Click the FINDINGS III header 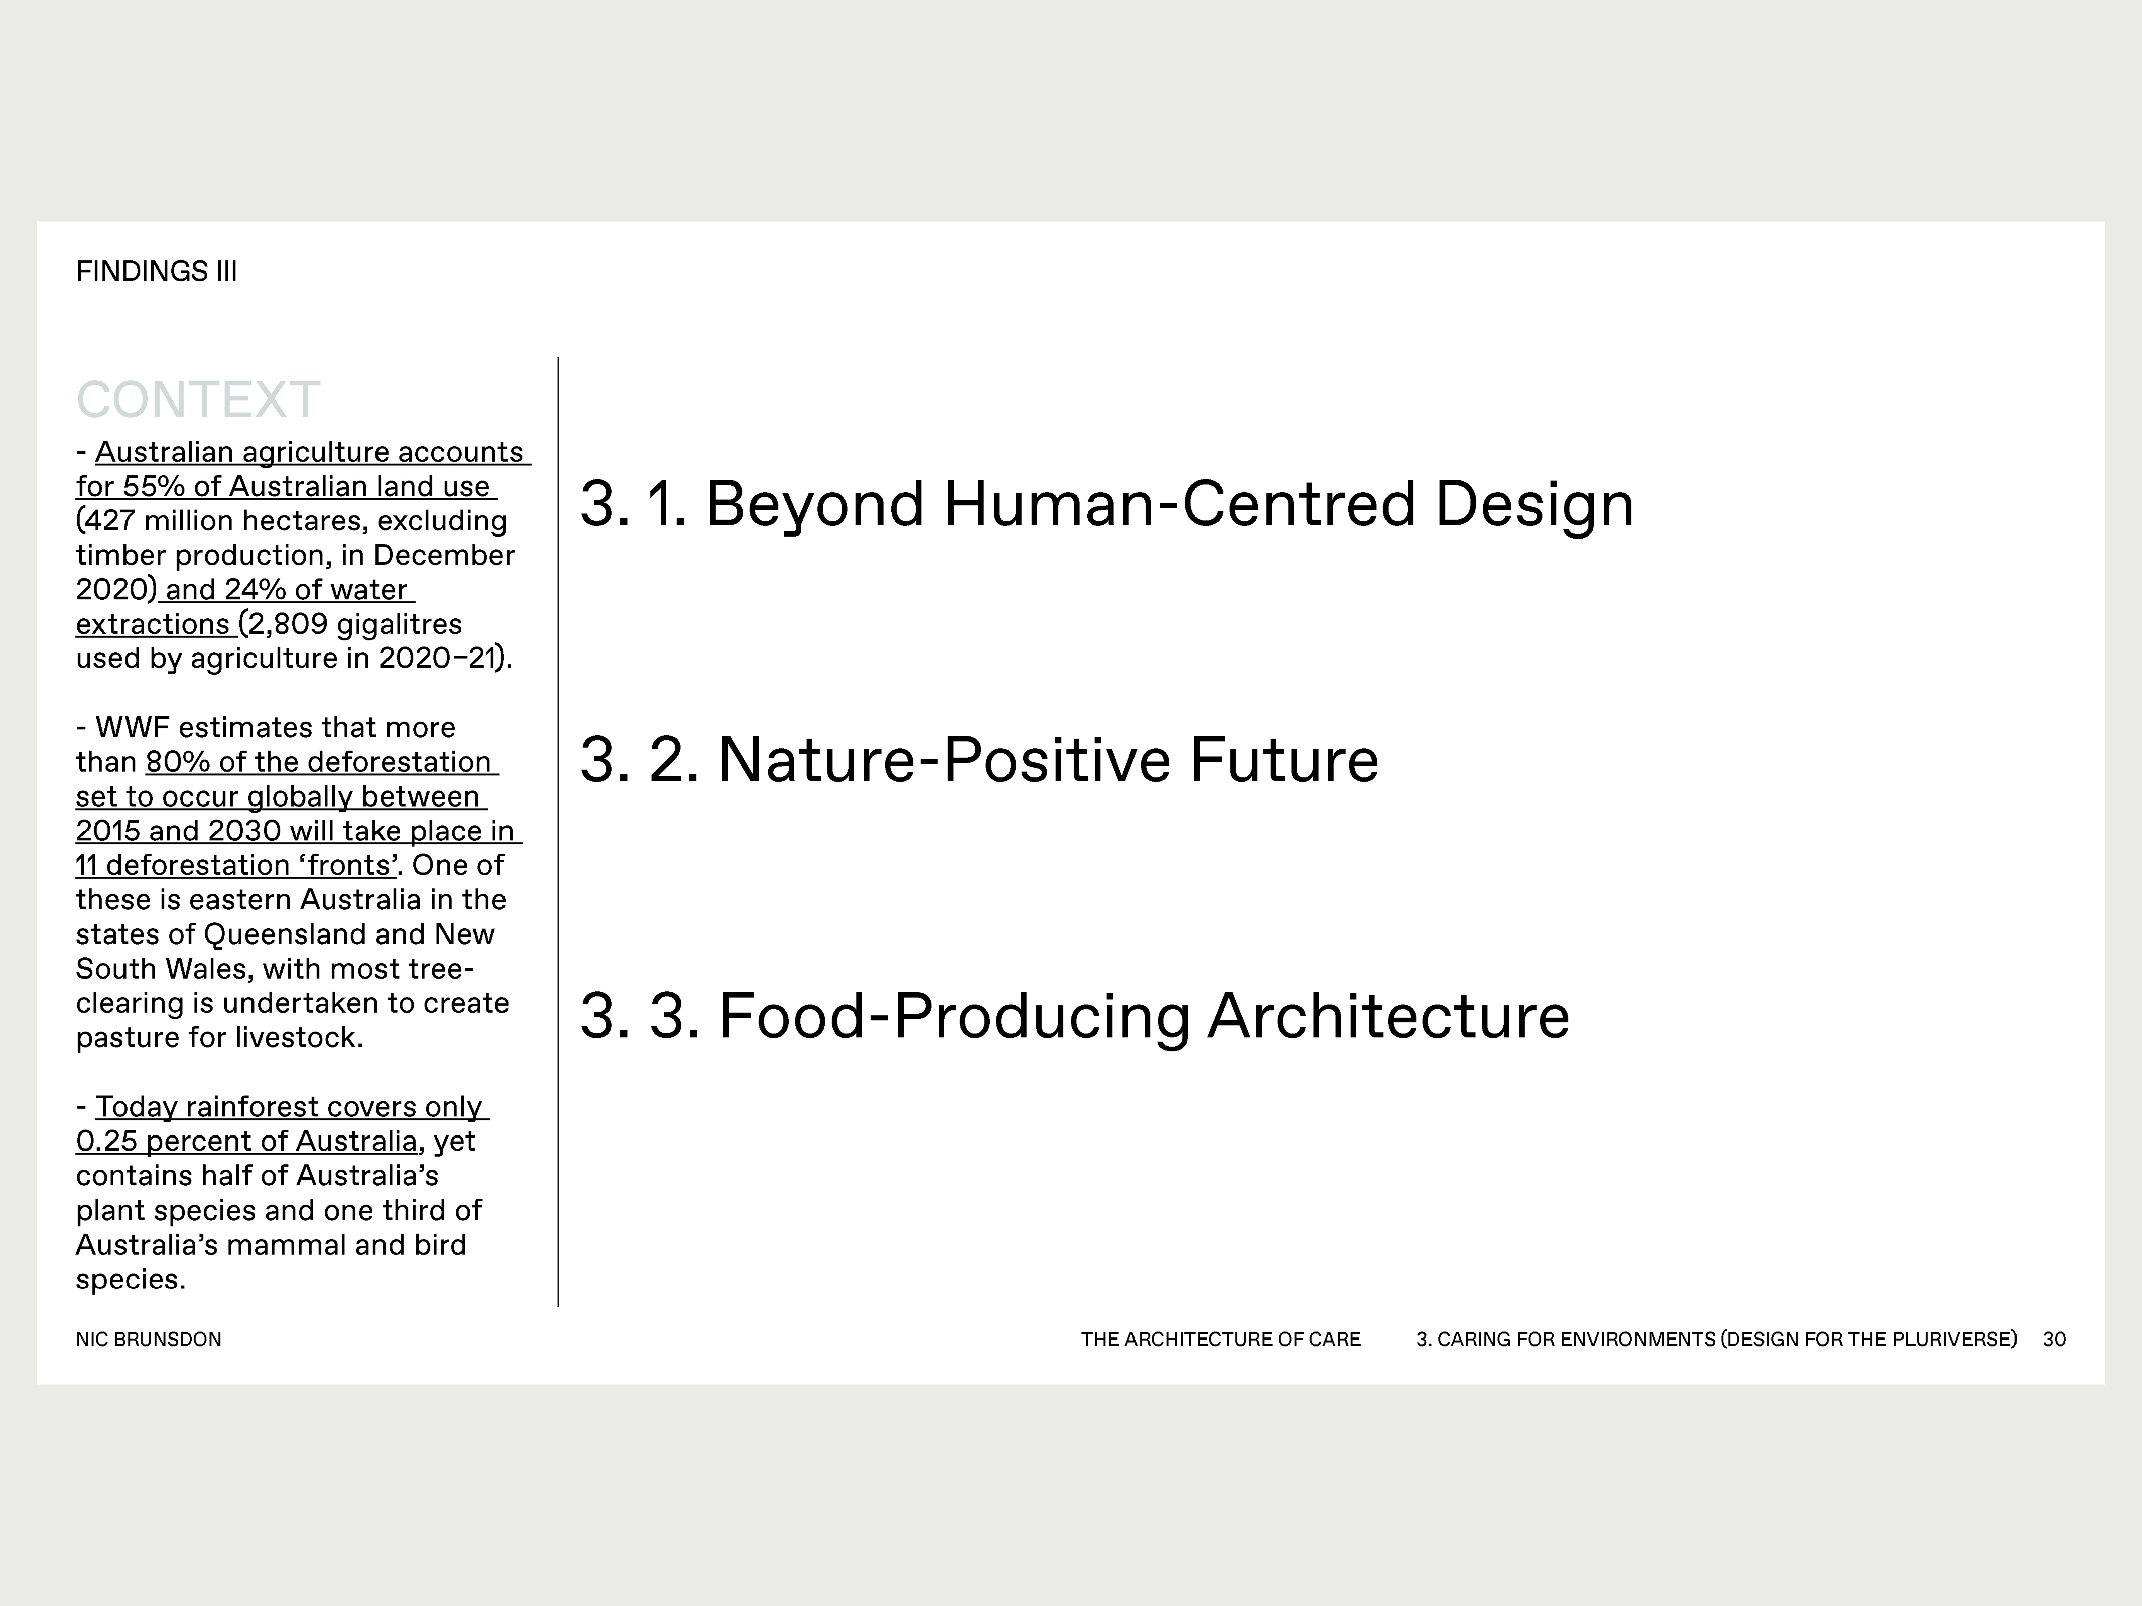(156, 271)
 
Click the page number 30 (2054, 1339)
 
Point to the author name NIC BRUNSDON (148, 1339)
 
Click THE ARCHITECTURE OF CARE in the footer (1220, 1339)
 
